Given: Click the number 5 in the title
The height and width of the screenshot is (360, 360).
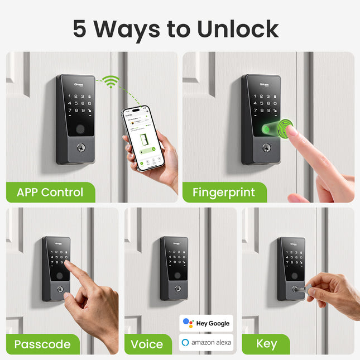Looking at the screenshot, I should point(80,29).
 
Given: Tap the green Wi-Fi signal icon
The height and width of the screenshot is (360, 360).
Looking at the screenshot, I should point(114,83).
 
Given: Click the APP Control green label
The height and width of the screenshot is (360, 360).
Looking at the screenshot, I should point(50,193).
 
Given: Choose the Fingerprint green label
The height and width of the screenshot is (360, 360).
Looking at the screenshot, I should point(223,193).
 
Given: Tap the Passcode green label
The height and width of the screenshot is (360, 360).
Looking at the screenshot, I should point(42,344).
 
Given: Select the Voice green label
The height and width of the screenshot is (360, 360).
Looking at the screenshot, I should point(147,344).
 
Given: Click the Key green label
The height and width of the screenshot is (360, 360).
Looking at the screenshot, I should point(266,344).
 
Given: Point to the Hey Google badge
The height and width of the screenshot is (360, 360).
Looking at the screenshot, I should point(206,323).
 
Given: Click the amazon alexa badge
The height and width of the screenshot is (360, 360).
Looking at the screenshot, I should point(206,342).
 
